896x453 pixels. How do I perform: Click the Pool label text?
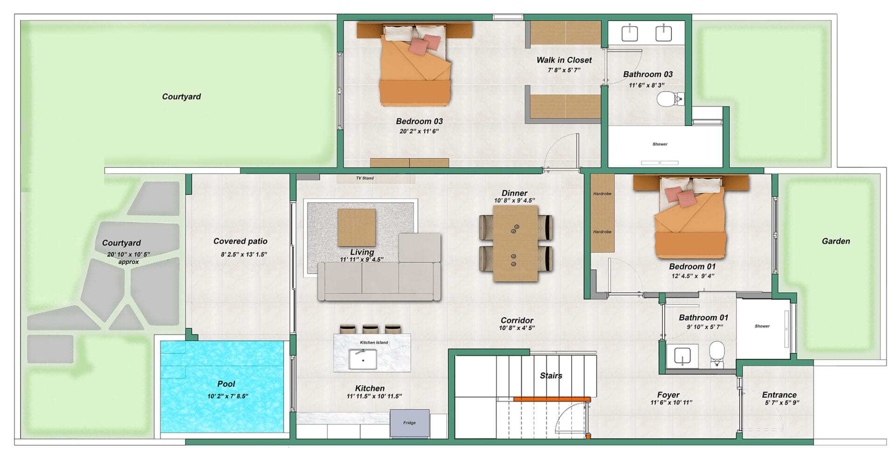click(226, 384)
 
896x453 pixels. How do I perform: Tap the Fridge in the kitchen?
click(410, 423)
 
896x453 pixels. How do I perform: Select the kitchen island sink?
click(363, 359)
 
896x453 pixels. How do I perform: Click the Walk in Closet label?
click(564, 60)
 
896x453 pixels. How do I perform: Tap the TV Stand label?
click(365, 178)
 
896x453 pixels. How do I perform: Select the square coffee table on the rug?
click(357, 227)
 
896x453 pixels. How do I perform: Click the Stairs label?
click(551, 376)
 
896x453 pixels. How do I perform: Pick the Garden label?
click(836, 241)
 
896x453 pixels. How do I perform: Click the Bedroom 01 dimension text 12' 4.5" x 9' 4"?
click(692, 276)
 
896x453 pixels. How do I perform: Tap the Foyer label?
click(668, 395)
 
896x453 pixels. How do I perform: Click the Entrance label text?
click(779, 395)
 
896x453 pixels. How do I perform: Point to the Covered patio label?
click(240, 241)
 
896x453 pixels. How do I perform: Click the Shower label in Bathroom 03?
click(660, 144)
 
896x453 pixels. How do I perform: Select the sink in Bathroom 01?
click(682, 356)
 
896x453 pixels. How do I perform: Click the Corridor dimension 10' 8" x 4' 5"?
click(517, 328)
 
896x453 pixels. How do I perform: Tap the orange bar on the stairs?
click(552, 399)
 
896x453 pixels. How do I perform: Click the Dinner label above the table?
click(514, 193)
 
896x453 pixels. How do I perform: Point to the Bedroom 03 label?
click(419, 121)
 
